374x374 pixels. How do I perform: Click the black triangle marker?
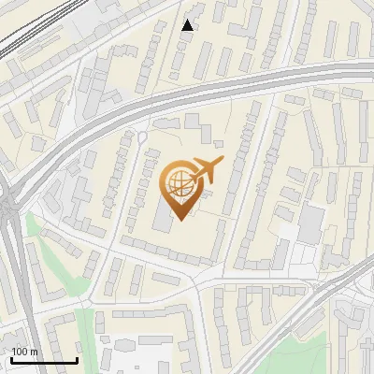tap(188, 25)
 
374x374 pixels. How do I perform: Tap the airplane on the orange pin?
tap(207, 170)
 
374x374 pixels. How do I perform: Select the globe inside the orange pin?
tap(180, 183)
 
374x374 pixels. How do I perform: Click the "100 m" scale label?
tap(24, 352)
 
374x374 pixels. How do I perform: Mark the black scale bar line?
tap(43, 360)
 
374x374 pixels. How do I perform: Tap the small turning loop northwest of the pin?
tap(142, 137)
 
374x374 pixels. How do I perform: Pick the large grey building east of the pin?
tap(309, 223)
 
